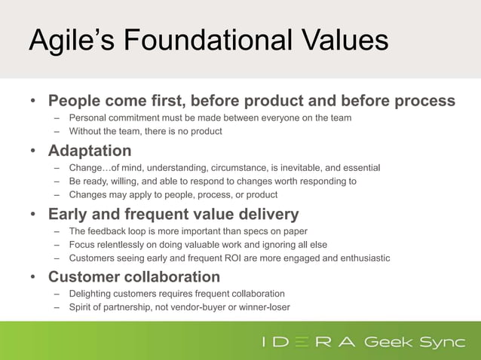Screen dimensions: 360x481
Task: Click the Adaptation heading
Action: [x=90, y=149]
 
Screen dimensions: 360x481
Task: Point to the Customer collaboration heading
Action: [x=134, y=276]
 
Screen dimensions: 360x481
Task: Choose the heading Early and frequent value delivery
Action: [x=173, y=213]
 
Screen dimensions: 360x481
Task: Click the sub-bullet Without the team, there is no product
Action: [x=146, y=131]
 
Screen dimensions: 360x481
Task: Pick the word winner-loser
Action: [x=263, y=307]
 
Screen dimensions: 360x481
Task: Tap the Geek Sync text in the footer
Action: [x=414, y=342]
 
